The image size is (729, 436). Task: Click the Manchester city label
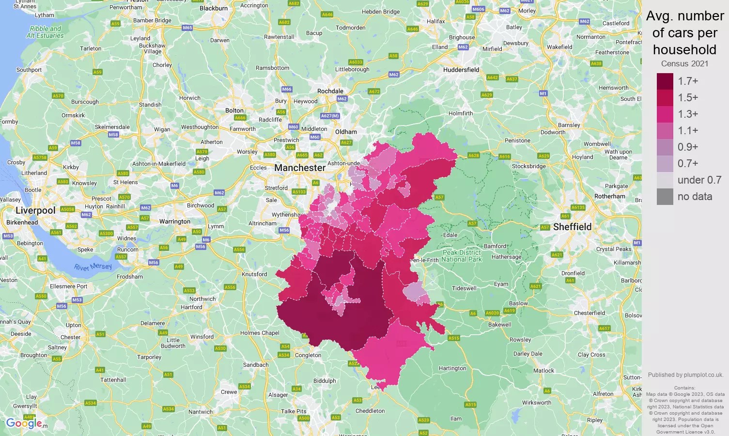pos(300,168)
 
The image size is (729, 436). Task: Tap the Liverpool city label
pos(35,210)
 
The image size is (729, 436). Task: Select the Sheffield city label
pos(572,227)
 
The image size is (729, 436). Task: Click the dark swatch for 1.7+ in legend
pos(665,81)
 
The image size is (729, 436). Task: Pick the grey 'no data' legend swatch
pos(665,197)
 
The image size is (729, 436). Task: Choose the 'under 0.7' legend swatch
pos(665,180)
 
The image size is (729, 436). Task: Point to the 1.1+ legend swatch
pos(665,131)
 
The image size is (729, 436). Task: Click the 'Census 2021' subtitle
pos(684,64)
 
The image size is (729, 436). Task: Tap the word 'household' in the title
pos(684,49)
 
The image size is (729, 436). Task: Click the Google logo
pos(24,423)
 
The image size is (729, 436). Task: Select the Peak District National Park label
pos(462,256)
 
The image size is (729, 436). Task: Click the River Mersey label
pos(93,267)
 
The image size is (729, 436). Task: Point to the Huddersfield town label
pos(461,70)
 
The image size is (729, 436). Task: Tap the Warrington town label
pos(175,221)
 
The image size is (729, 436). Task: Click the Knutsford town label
pos(254,274)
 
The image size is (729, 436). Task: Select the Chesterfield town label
pos(589,313)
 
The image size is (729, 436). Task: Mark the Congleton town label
pos(308,355)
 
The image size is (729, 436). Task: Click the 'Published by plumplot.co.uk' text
pos(685,375)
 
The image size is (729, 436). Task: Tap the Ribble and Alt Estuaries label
pos(45,32)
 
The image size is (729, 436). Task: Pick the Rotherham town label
pos(609,196)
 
